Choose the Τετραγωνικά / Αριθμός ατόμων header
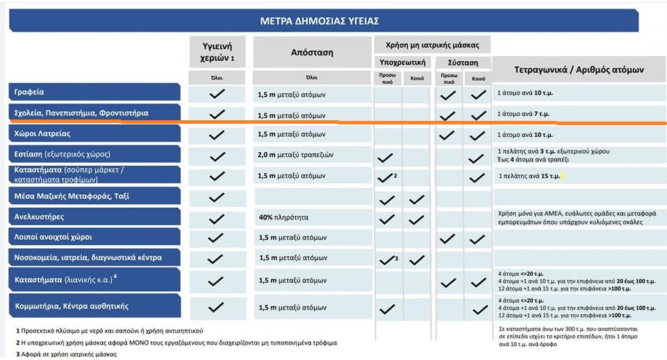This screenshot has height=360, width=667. pyautogui.click(x=579, y=70)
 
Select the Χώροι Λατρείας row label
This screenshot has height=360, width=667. pyautogui.click(x=42, y=134)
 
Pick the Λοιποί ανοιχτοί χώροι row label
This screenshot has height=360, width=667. pyautogui.click(x=53, y=238)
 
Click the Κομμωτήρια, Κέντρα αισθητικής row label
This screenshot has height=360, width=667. pyautogui.click(x=72, y=306)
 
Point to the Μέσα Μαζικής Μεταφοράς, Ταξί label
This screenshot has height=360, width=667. pyautogui.click(x=72, y=197)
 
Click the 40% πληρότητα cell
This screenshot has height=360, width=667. pyautogui.click(x=286, y=218)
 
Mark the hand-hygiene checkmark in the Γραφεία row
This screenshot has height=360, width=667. pyautogui.click(x=217, y=93)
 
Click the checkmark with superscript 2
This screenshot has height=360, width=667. pyautogui.click(x=386, y=177)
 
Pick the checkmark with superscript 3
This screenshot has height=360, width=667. pyautogui.click(x=386, y=260)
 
